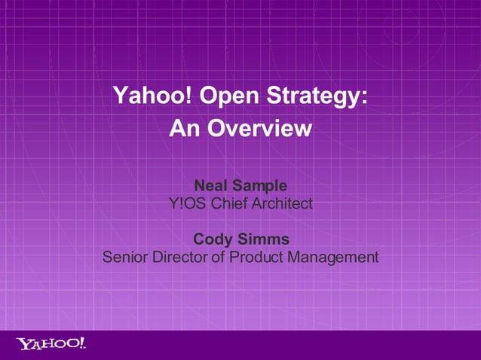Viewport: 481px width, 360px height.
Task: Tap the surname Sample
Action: tap(259, 185)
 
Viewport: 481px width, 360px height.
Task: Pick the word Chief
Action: tap(231, 203)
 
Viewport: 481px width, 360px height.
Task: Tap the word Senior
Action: tap(125, 258)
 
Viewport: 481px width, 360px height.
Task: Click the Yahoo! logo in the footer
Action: tap(51, 344)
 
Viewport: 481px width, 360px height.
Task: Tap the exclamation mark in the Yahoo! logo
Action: tap(81, 343)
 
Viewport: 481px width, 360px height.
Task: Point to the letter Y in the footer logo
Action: tap(23, 345)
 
